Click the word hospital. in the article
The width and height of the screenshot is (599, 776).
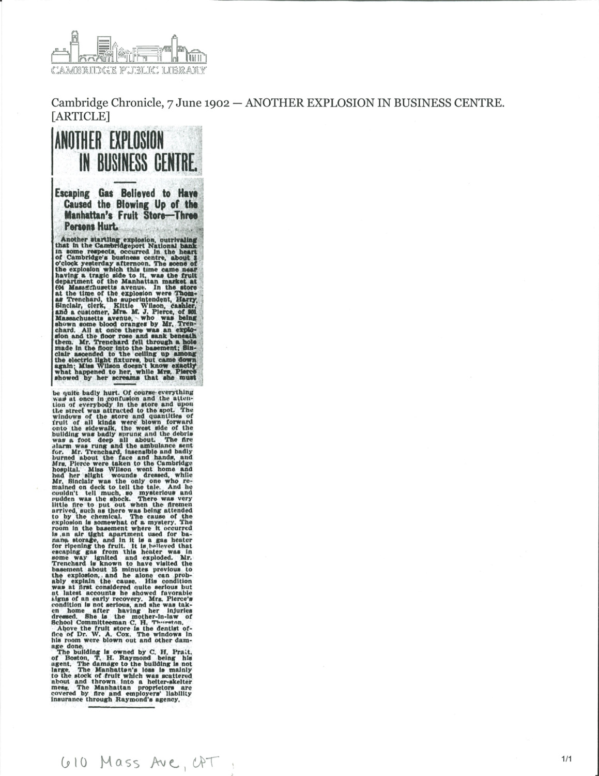(68, 469)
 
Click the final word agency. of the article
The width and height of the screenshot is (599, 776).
(167, 699)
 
